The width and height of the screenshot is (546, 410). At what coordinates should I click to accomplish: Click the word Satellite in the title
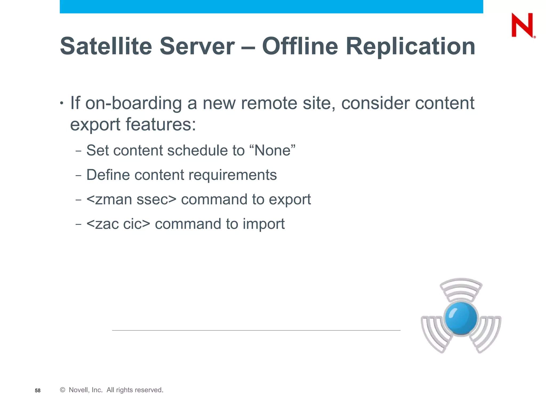pyautogui.click(x=106, y=46)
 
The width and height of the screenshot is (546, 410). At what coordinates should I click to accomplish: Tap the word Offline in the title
pyautogui.click(x=300, y=46)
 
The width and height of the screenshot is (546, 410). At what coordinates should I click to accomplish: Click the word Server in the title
pyautogui.click(x=197, y=46)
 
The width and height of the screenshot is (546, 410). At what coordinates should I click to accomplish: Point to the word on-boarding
pyautogui.click(x=134, y=103)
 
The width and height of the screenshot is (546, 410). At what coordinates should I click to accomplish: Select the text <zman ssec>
pyautogui.click(x=131, y=199)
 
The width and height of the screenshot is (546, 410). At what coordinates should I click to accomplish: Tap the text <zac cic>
pyautogui.click(x=118, y=224)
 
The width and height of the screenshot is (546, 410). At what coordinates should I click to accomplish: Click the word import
pyautogui.click(x=263, y=224)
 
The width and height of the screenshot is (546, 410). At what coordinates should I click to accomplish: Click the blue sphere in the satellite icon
pyautogui.click(x=461, y=318)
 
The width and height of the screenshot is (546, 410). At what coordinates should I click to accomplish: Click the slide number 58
pyautogui.click(x=38, y=391)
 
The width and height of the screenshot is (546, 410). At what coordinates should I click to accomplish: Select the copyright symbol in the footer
pyautogui.click(x=63, y=390)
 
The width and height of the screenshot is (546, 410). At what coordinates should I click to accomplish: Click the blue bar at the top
pyautogui.click(x=271, y=6)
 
